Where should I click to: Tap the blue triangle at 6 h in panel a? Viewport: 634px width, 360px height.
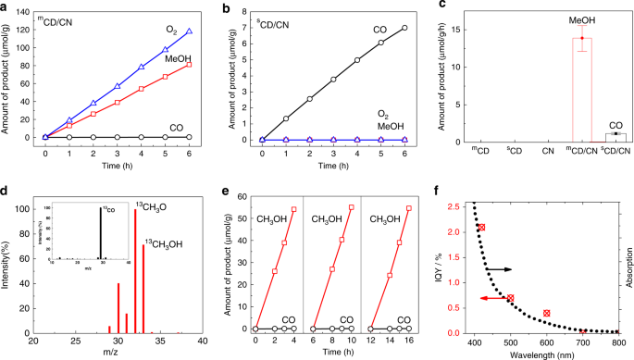189,31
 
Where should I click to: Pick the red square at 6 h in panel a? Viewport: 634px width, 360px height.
189,65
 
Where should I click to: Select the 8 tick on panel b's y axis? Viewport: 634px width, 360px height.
247,13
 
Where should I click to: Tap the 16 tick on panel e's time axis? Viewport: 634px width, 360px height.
409,342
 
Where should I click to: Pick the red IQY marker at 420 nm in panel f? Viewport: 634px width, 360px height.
481,228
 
